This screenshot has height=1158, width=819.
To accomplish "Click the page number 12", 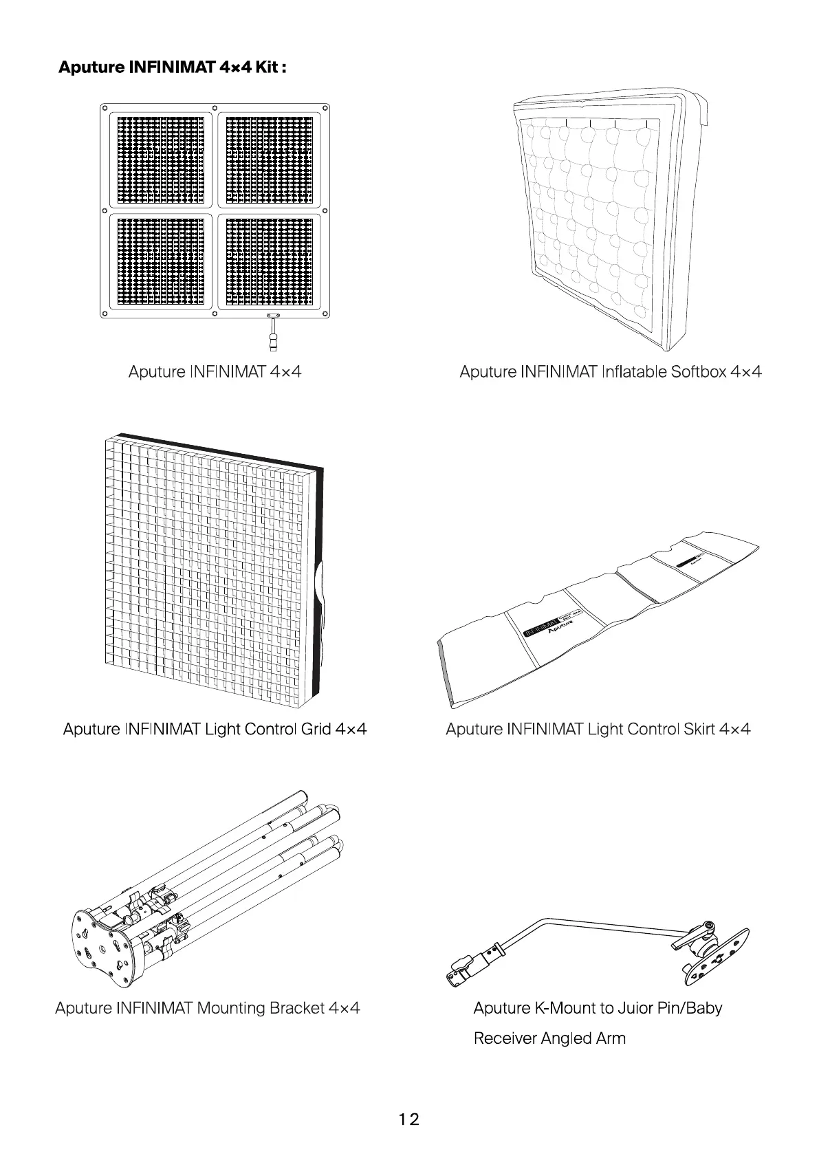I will pos(408,1119).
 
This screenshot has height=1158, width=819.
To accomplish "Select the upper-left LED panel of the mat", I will pos(161,160).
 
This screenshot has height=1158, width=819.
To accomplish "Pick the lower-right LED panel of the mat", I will pos(269,261).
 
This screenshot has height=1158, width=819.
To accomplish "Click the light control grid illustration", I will pos(213,571).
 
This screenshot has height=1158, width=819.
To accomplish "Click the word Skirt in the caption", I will pos(699,729).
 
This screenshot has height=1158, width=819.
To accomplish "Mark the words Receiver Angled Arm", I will pos(549,1038).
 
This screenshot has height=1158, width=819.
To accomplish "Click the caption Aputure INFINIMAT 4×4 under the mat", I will pos(215,372).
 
